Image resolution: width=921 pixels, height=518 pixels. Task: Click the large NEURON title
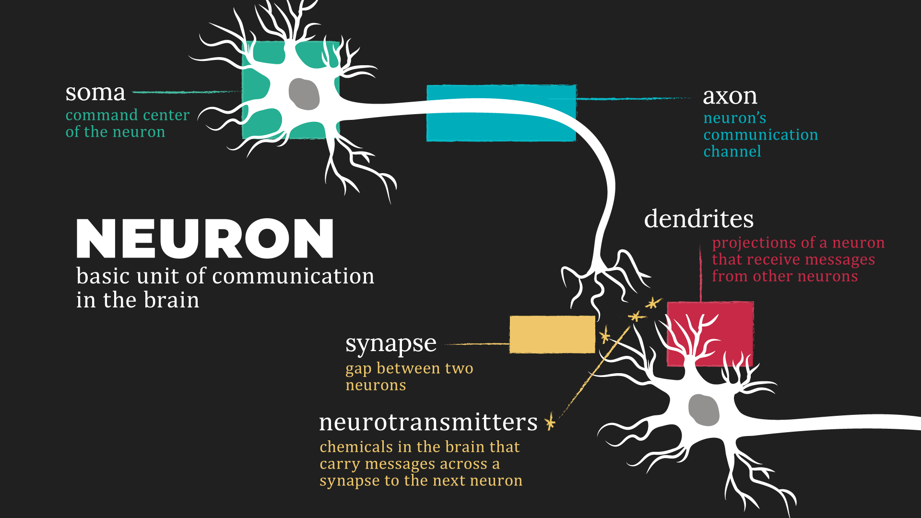205,238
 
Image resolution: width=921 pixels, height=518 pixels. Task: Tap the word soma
95,92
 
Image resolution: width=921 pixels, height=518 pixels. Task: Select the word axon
730,96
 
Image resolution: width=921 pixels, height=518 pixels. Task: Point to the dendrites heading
698,219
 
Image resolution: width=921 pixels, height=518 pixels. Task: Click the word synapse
390,344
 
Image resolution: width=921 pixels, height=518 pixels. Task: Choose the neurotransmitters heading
428,423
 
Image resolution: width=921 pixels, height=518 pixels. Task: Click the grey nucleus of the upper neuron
304,94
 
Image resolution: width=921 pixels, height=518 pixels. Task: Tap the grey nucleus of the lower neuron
704,410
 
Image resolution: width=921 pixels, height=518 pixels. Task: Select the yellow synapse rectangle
552,334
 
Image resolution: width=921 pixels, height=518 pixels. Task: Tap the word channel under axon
732,152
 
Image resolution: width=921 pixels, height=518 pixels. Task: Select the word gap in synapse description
358,369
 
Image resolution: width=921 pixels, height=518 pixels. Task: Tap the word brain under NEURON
171,300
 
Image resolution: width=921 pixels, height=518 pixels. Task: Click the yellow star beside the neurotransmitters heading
550,422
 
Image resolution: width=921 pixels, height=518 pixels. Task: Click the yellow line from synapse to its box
477,344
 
